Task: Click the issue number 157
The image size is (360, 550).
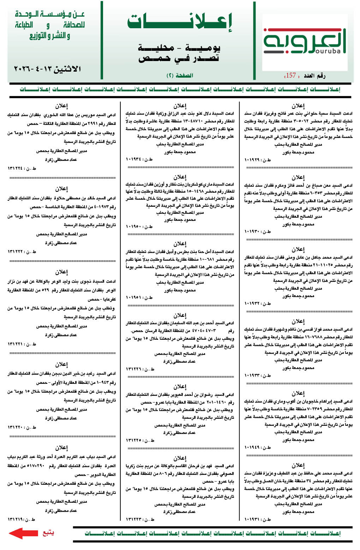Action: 290,75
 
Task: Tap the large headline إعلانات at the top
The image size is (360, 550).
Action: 180,23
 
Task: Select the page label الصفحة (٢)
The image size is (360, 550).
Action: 180,75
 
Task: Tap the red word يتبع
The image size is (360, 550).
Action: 48,532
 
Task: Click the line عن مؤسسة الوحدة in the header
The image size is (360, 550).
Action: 50,15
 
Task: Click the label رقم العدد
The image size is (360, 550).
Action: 314,75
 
